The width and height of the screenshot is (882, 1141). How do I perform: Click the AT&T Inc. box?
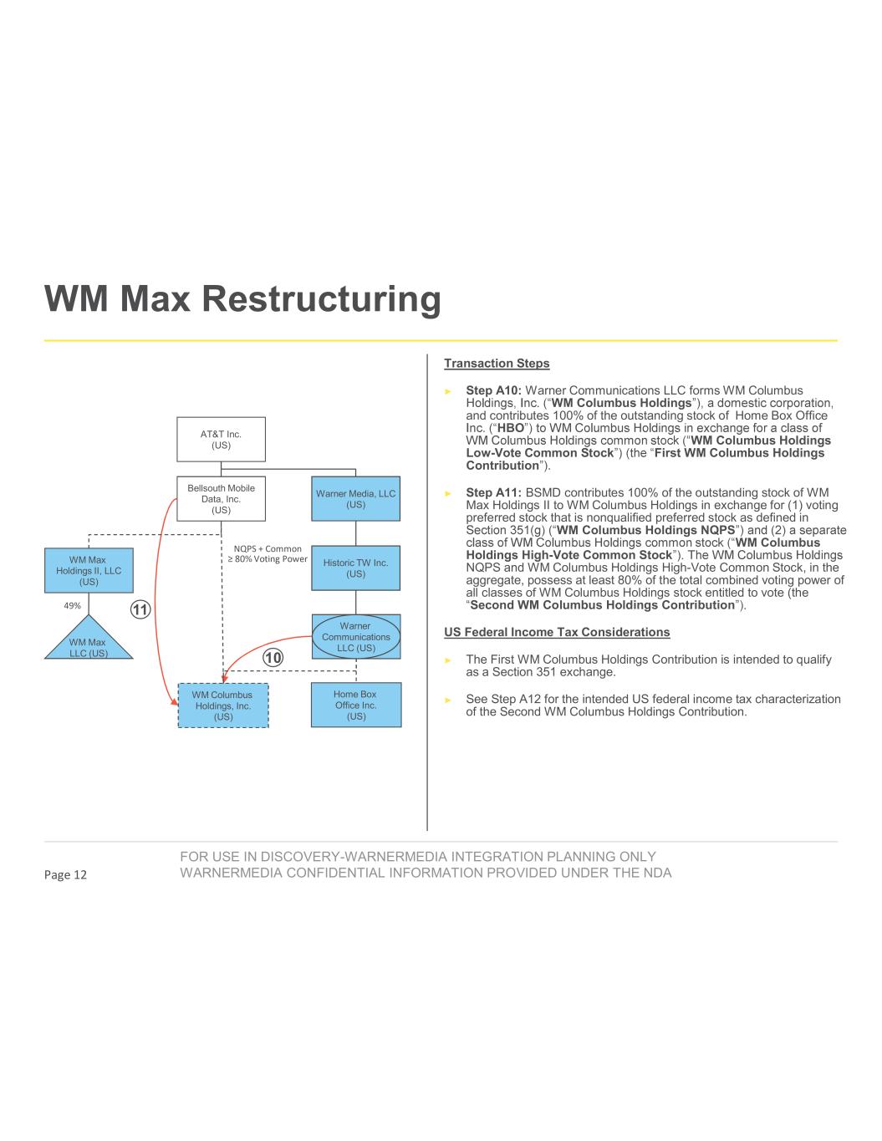221,439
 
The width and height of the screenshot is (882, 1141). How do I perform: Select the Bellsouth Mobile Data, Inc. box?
221,499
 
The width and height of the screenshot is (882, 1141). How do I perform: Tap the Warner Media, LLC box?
355,499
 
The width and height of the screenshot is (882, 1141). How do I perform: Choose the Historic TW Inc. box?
355,568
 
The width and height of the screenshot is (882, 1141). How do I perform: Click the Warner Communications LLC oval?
356,637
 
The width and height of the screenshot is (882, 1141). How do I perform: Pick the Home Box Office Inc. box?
355,705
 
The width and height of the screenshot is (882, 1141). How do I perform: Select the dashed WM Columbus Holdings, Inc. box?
223,705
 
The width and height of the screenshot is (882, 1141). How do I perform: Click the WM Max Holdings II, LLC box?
89,570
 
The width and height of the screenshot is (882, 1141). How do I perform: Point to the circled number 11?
140,609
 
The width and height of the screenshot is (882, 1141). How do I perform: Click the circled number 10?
273,658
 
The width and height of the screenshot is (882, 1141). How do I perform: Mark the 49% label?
72,605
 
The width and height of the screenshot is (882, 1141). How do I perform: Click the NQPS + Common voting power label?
268,554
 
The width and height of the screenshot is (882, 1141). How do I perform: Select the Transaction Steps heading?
497,364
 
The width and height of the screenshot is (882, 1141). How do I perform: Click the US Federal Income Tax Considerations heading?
557,632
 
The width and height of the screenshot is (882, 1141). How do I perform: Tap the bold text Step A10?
494,390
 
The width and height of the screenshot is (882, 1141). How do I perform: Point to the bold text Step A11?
494,492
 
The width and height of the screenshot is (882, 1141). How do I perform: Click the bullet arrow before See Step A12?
448,700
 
